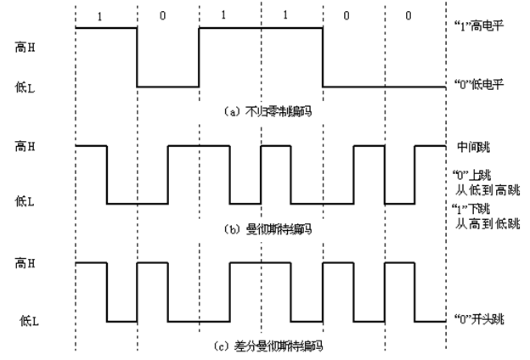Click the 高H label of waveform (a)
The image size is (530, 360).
coord(25,50)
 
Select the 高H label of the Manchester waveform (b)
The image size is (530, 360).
coord(25,146)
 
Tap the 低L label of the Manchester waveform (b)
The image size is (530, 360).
coord(26,201)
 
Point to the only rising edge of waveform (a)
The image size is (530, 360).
coord(200,57)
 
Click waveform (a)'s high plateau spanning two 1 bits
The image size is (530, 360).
coord(262,28)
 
